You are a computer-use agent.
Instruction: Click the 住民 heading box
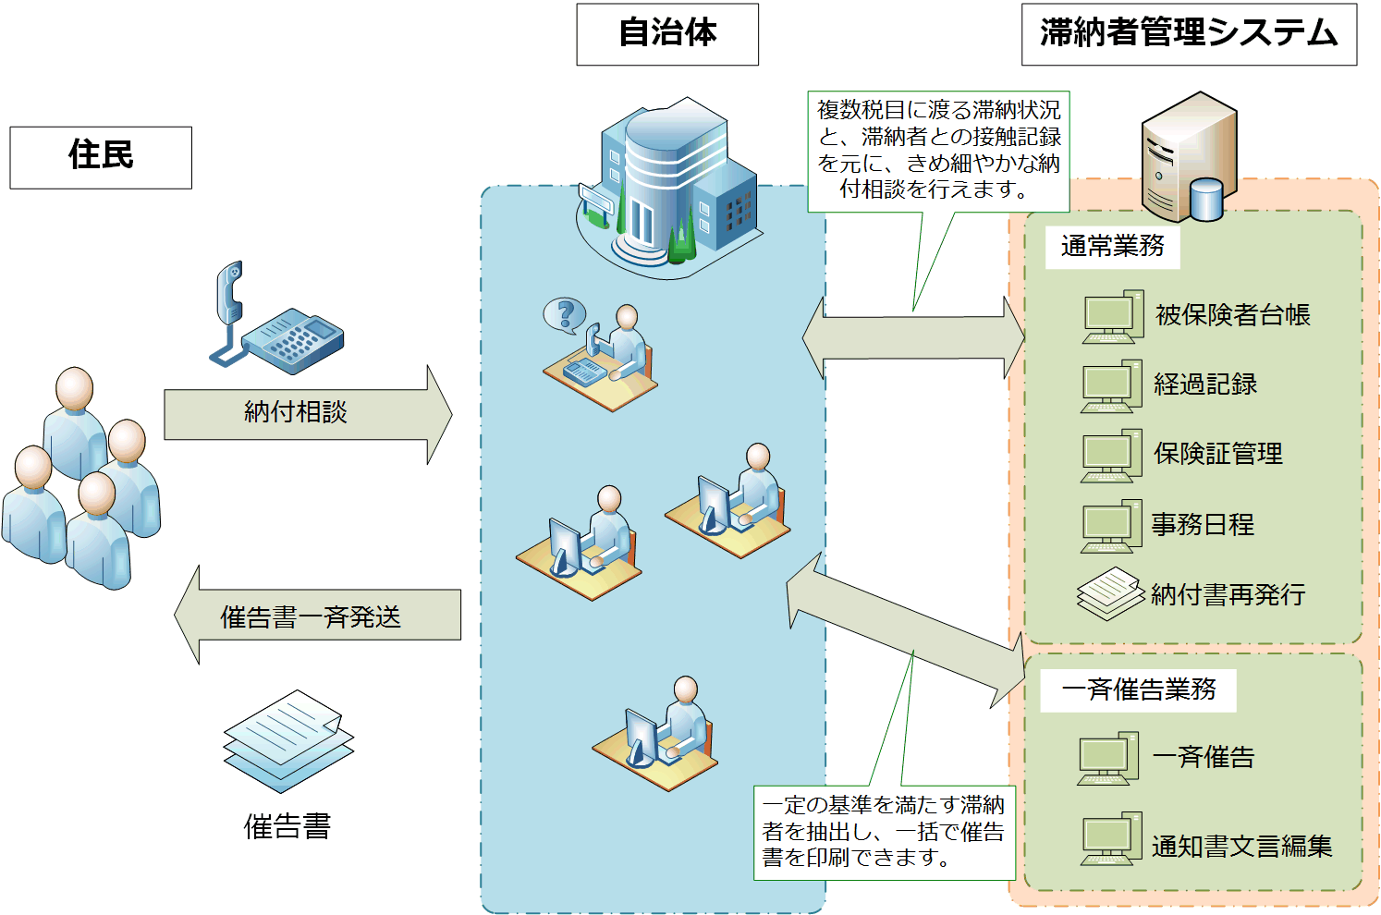[101, 157]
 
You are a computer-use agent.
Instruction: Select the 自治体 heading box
[666, 34]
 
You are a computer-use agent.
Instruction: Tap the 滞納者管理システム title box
[1188, 34]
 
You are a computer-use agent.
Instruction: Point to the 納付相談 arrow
[305, 413]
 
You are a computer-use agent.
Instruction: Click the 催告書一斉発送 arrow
[314, 616]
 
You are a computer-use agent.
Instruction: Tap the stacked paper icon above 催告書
[287, 740]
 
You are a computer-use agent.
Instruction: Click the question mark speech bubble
[564, 314]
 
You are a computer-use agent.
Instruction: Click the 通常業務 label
[1112, 246]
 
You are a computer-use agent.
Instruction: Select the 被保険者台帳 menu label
[1232, 315]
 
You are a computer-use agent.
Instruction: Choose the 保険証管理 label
[1217, 454]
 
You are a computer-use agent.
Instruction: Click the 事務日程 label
[1203, 525]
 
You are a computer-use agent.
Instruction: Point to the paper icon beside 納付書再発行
[1110, 593]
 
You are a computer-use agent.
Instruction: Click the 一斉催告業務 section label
[1138, 689]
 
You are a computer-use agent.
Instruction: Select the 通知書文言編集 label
[1241, 846]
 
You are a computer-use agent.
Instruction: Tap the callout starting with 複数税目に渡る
[938, 151]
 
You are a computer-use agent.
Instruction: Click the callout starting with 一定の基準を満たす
[884, 832]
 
